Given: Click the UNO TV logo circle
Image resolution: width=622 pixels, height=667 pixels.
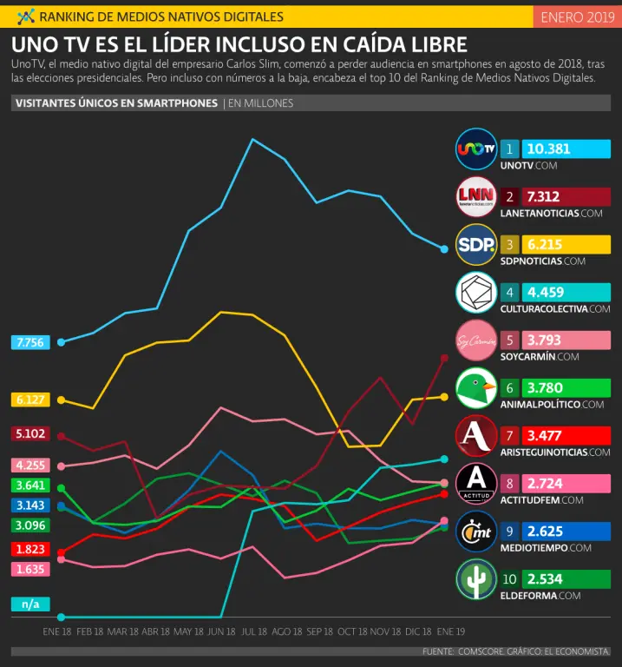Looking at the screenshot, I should click(476, 149).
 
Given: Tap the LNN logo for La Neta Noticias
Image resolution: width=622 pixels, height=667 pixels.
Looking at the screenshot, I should click(476, 197).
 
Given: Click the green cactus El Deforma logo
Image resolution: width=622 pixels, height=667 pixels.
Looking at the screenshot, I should click(476, 579).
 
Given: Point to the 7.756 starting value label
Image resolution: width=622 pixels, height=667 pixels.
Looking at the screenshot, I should click(29, 342).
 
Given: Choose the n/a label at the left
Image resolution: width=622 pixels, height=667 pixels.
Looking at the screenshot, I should click(29, 604).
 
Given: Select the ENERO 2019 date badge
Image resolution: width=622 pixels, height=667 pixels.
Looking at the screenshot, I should click(576, 17).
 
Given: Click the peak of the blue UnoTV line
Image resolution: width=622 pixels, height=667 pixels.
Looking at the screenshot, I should click(252, 139).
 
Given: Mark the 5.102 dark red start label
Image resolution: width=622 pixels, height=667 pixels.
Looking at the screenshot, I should click(29, 433).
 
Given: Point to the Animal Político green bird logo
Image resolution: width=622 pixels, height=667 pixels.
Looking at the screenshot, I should click(476, 388).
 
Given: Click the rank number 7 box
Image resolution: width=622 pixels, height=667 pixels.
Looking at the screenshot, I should click(510, 435).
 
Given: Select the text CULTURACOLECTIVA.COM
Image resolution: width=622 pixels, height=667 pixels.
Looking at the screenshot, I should click(555, 308).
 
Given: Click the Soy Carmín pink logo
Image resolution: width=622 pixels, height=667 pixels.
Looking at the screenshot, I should click(476, 340).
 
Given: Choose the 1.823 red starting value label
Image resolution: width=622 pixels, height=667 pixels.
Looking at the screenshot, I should click(29, 549).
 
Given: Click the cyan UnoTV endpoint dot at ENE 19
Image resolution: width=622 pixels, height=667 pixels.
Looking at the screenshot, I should click(444, 249).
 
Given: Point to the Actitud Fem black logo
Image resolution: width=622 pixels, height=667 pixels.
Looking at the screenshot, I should click(476, 484).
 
